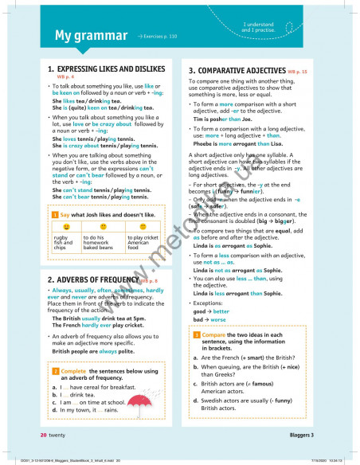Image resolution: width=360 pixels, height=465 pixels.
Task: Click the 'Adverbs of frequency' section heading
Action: (92, 280)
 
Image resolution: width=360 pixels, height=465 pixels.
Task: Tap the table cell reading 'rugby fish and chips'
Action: (63, 243)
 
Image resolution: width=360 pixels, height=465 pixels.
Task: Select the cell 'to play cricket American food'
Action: (143, 243)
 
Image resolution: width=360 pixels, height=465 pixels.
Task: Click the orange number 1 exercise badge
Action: (53, 215)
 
